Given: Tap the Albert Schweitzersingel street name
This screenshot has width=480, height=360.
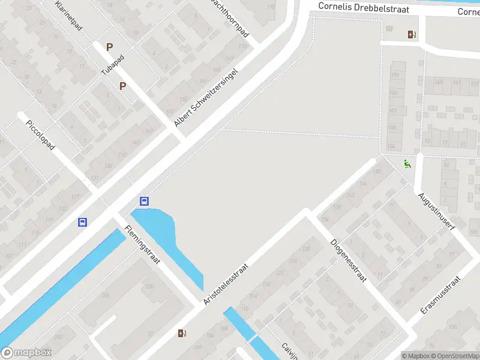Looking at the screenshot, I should coord(206,97).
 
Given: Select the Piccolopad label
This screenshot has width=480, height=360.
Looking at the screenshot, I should coord(41,135).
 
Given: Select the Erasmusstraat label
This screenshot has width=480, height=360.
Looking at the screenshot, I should coord(440,295).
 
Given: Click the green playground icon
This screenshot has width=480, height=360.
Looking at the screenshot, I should coord(407,163).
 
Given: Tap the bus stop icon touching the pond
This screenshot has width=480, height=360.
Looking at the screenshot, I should coord(145,201).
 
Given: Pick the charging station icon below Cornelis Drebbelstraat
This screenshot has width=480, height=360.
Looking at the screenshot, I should coord(412,34).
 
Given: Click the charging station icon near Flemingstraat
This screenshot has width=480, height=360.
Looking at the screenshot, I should coord(182,333).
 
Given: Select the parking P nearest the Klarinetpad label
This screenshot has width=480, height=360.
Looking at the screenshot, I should coord(109,46).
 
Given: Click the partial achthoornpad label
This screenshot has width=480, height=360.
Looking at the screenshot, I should coord(230,16).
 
